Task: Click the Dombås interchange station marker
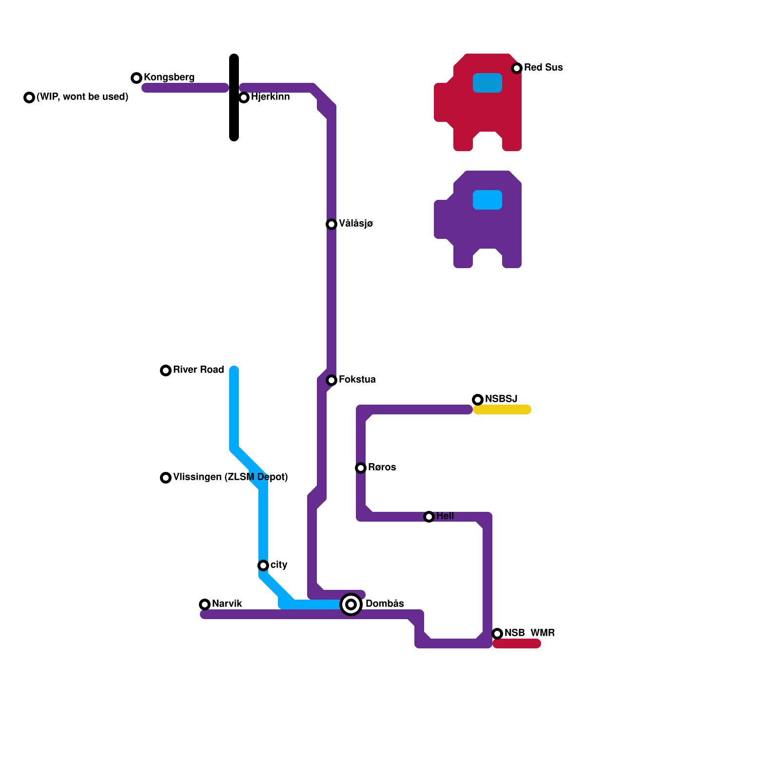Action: [x=351, y=604]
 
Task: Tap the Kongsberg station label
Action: [x=169, y=78]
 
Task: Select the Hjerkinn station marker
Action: [x=244, y=97]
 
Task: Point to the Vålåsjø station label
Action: [x=356, y=224]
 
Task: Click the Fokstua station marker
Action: [x=331, y=380]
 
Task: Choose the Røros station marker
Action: [x=361, y=468]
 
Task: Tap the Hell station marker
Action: [x=429, y=517]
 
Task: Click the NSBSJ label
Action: [x=501, y=399]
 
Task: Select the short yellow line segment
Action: [x=502, y=409]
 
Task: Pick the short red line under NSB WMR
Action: [x=517, y=644]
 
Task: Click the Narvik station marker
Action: [x=205, y=604]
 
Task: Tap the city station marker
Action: [x=263, y=565]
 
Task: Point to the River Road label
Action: [x=198, y=370]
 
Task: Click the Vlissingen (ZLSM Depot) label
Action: [x=230, y=477]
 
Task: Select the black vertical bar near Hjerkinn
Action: [x=234, y=97]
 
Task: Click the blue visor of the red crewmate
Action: [x=487, y=83]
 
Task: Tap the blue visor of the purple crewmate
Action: [x=487, y=200]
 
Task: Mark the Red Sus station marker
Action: [x=517, y=68]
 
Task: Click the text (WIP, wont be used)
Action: [x=82, y=97]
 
